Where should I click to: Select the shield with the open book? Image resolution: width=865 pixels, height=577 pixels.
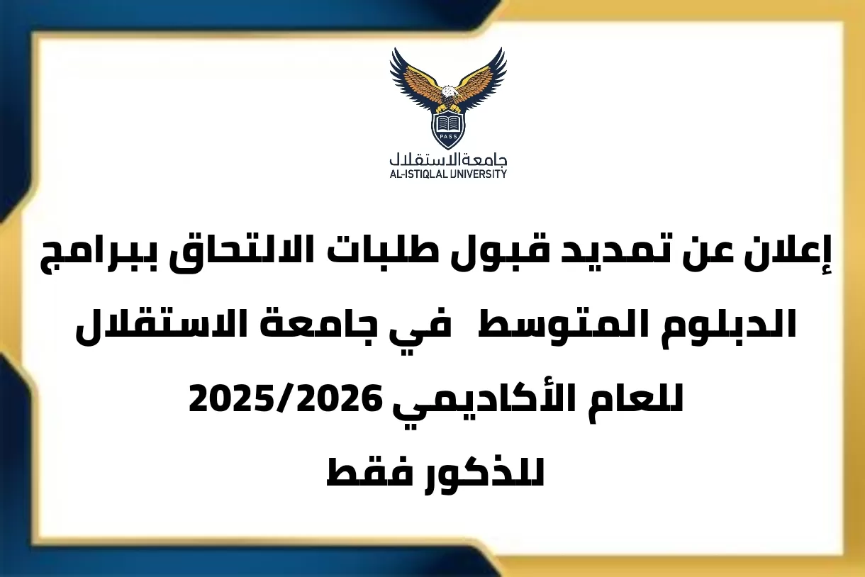click(448, 126)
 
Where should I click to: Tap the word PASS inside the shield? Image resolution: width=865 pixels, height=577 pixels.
click(448, 138)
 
